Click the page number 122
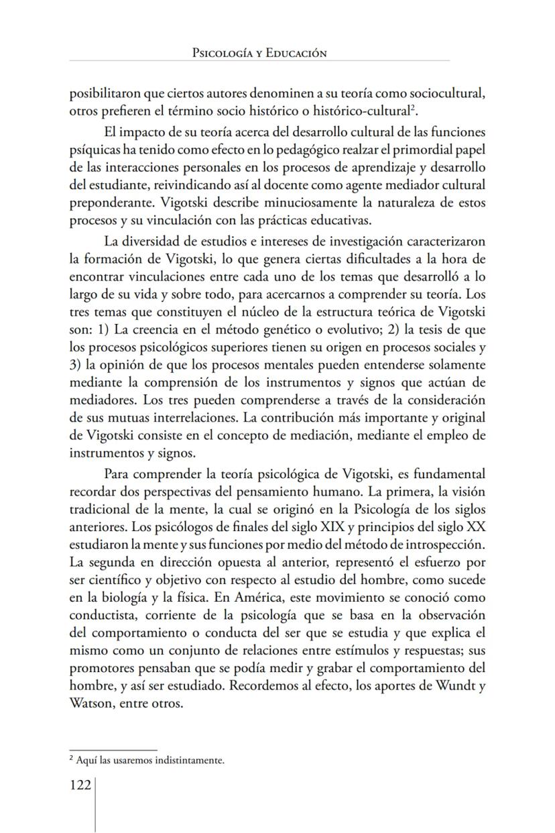coord(80,785)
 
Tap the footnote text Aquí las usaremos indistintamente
coord(150,760)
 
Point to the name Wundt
coord(450,685)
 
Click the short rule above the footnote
coord(113,750)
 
